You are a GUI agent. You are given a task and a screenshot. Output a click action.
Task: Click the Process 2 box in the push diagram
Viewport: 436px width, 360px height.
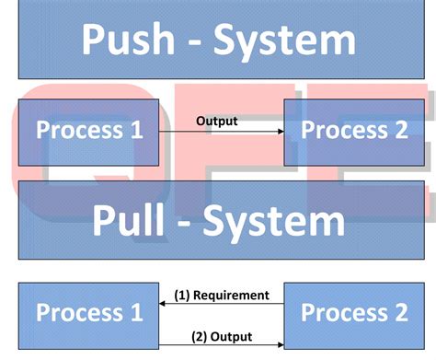click(354, 131)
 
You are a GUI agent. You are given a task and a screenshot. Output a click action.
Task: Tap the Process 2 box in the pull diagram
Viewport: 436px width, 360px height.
click(354, 312)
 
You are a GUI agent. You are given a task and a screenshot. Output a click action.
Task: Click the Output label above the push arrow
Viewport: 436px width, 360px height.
click(216, 120)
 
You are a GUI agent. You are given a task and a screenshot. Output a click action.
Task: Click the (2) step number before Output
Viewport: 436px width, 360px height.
click(201, 336)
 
